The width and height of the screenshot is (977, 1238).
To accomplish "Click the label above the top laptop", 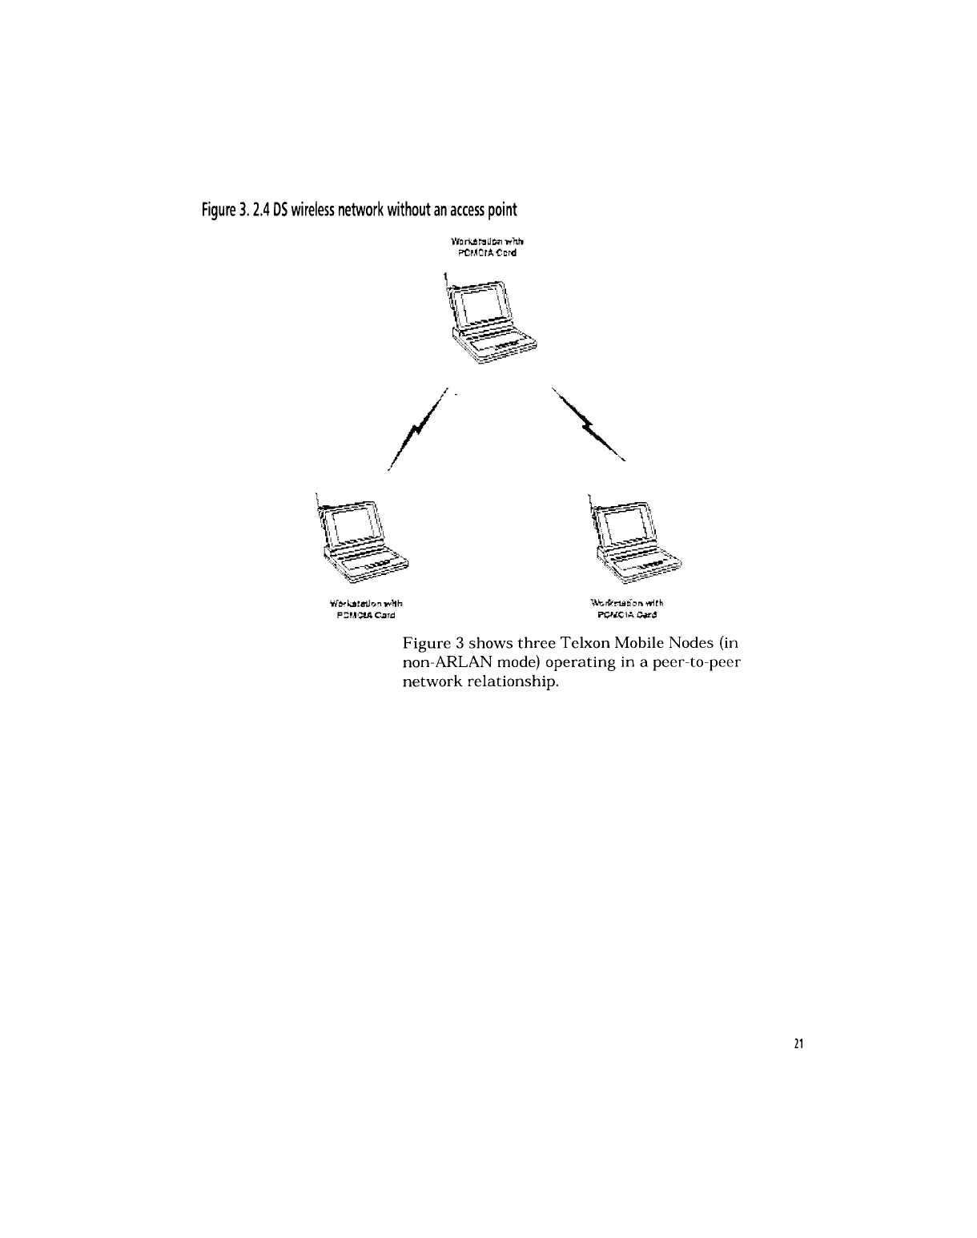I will coord(488,247).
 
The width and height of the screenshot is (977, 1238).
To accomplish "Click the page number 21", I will coord(798,1043).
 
